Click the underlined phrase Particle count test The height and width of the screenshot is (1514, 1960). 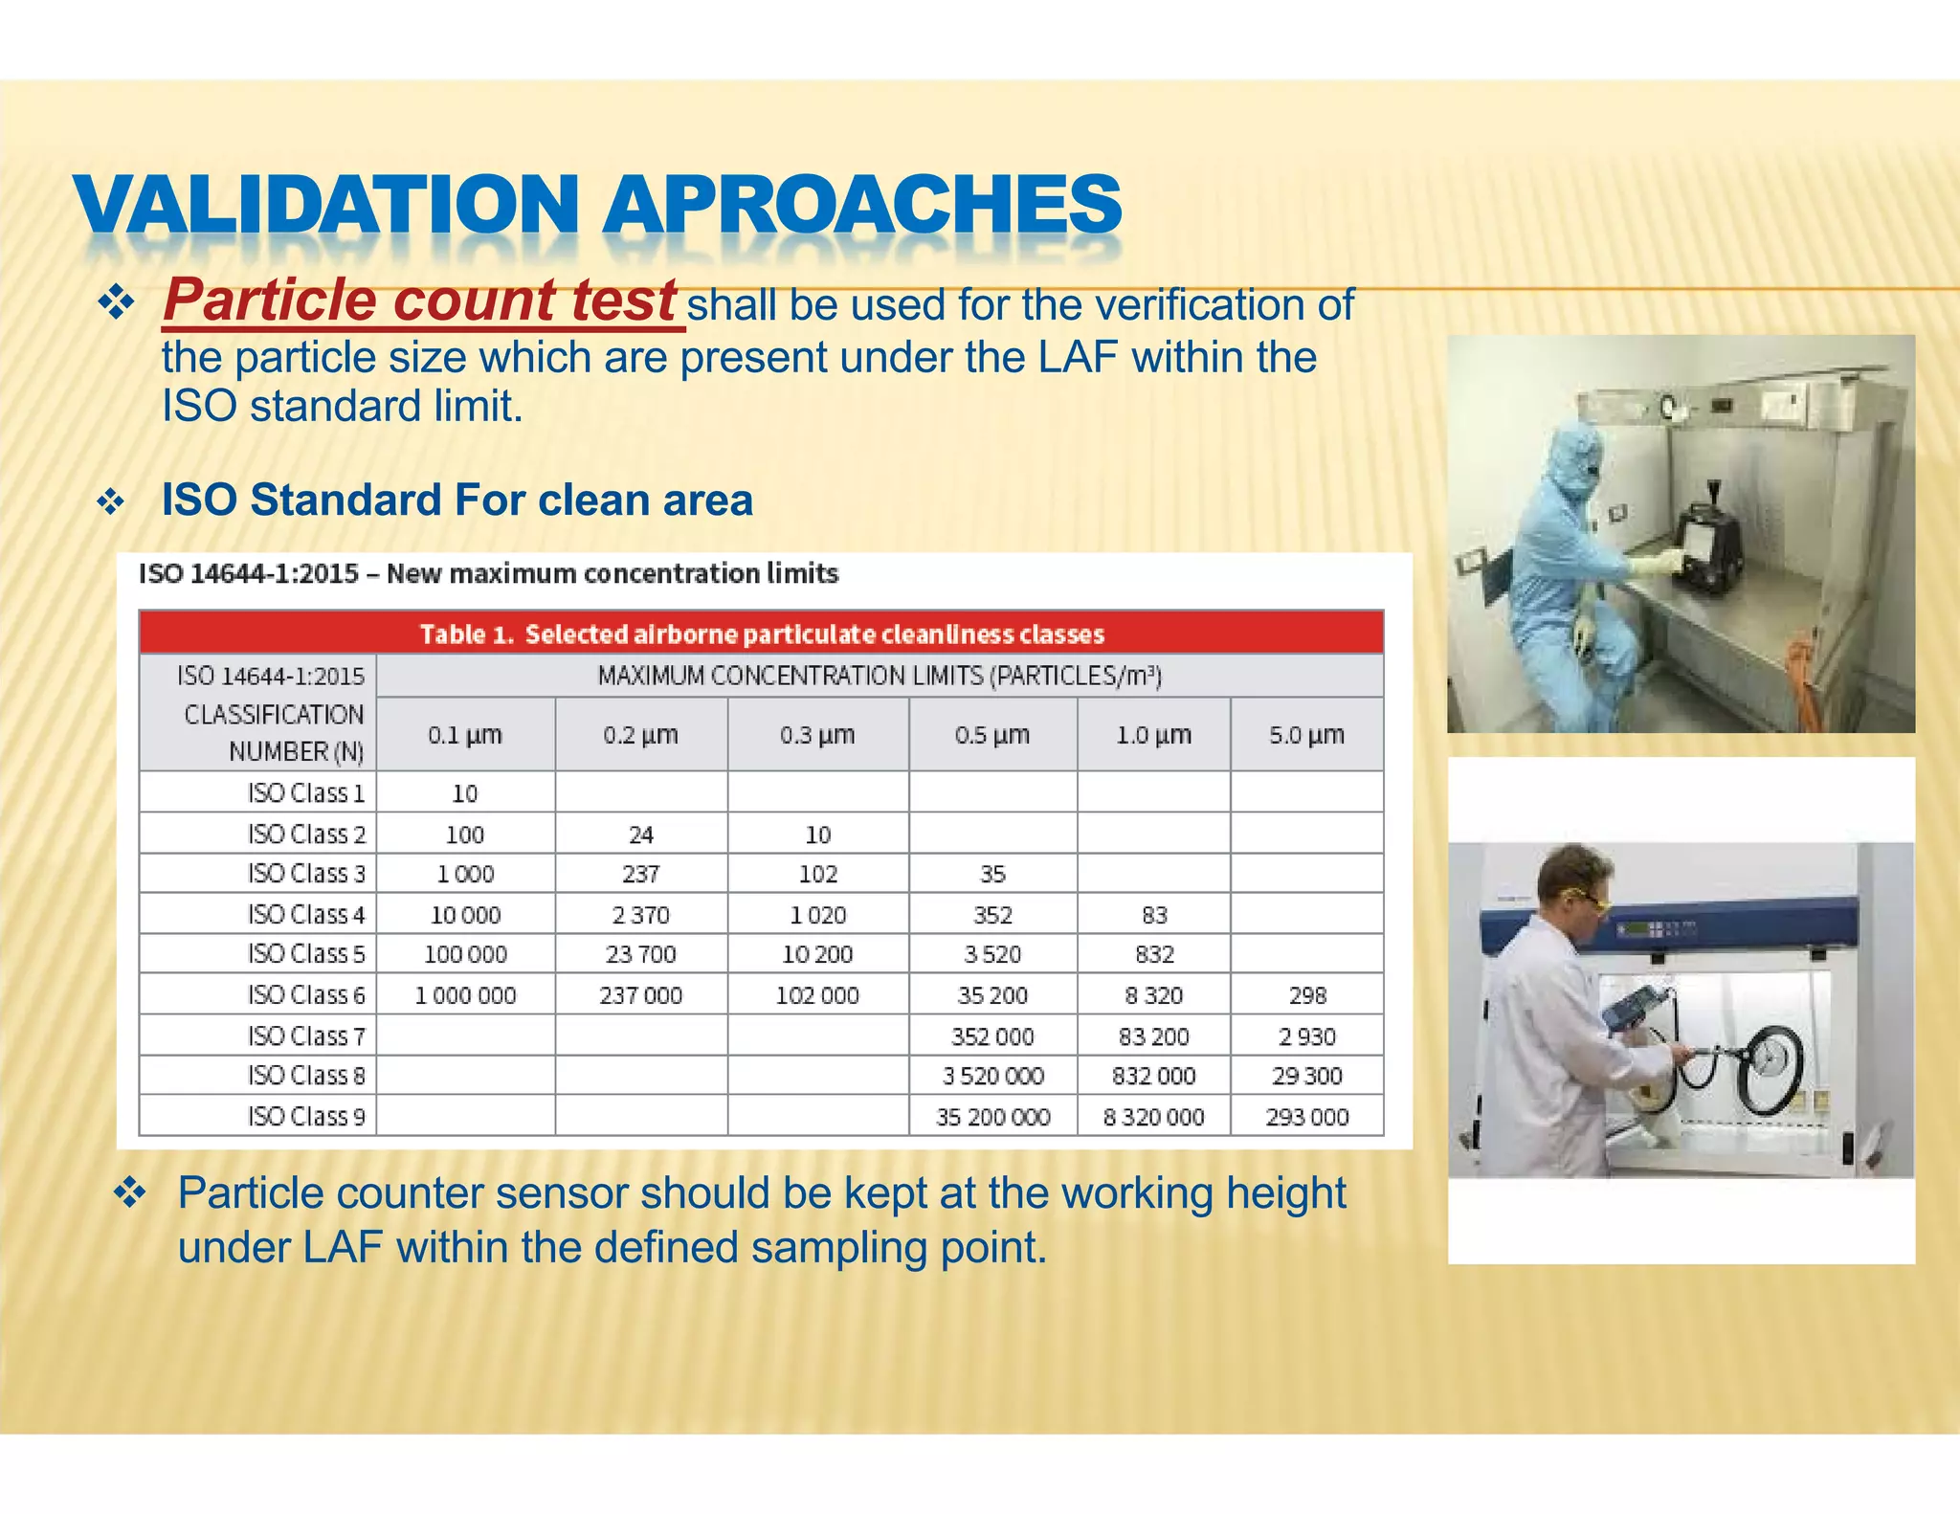[x=421, y=301]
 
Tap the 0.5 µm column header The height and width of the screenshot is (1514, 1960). [x=991, y=735]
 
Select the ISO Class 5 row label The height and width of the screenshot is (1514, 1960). [x=306, y=954]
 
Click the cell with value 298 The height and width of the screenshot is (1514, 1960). [x=1307, y=995]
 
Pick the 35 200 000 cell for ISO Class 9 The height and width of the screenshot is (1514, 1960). [x=992, y=1117]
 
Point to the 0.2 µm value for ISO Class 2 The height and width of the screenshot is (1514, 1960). [x=640, y=835]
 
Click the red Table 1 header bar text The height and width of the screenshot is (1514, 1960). [x=762, y=635]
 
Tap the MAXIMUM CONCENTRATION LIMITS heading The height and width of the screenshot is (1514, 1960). [x=879, y=676]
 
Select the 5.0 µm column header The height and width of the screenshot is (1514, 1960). [x=1306, y=735]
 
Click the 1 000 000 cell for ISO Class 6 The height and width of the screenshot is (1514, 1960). [x=465, y=995]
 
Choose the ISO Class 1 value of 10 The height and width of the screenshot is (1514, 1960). [x=464, y=793]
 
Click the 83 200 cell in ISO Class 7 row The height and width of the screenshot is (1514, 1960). [x=1153, y=1036]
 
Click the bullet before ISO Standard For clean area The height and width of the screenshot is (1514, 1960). [x=112, y=501]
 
